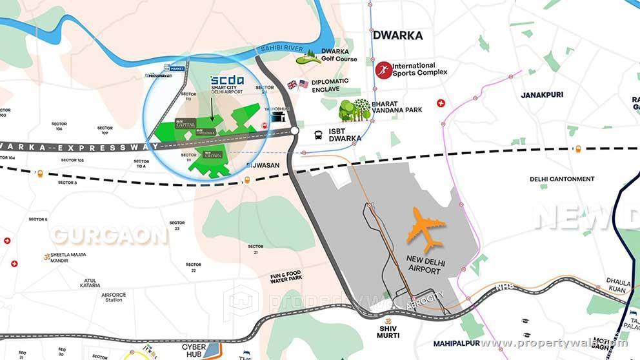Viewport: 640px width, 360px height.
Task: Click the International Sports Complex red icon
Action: (383, 70)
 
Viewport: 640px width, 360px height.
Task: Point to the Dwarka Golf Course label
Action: (339, 55)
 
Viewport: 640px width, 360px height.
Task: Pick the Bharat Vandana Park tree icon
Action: (354, 110)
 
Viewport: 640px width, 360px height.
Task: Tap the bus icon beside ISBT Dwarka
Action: (319, 135)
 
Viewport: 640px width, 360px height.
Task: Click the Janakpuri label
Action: (542, 95)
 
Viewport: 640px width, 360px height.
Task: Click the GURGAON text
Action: (110, 235)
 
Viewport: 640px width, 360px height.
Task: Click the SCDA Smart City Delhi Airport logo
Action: (226, 85)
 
